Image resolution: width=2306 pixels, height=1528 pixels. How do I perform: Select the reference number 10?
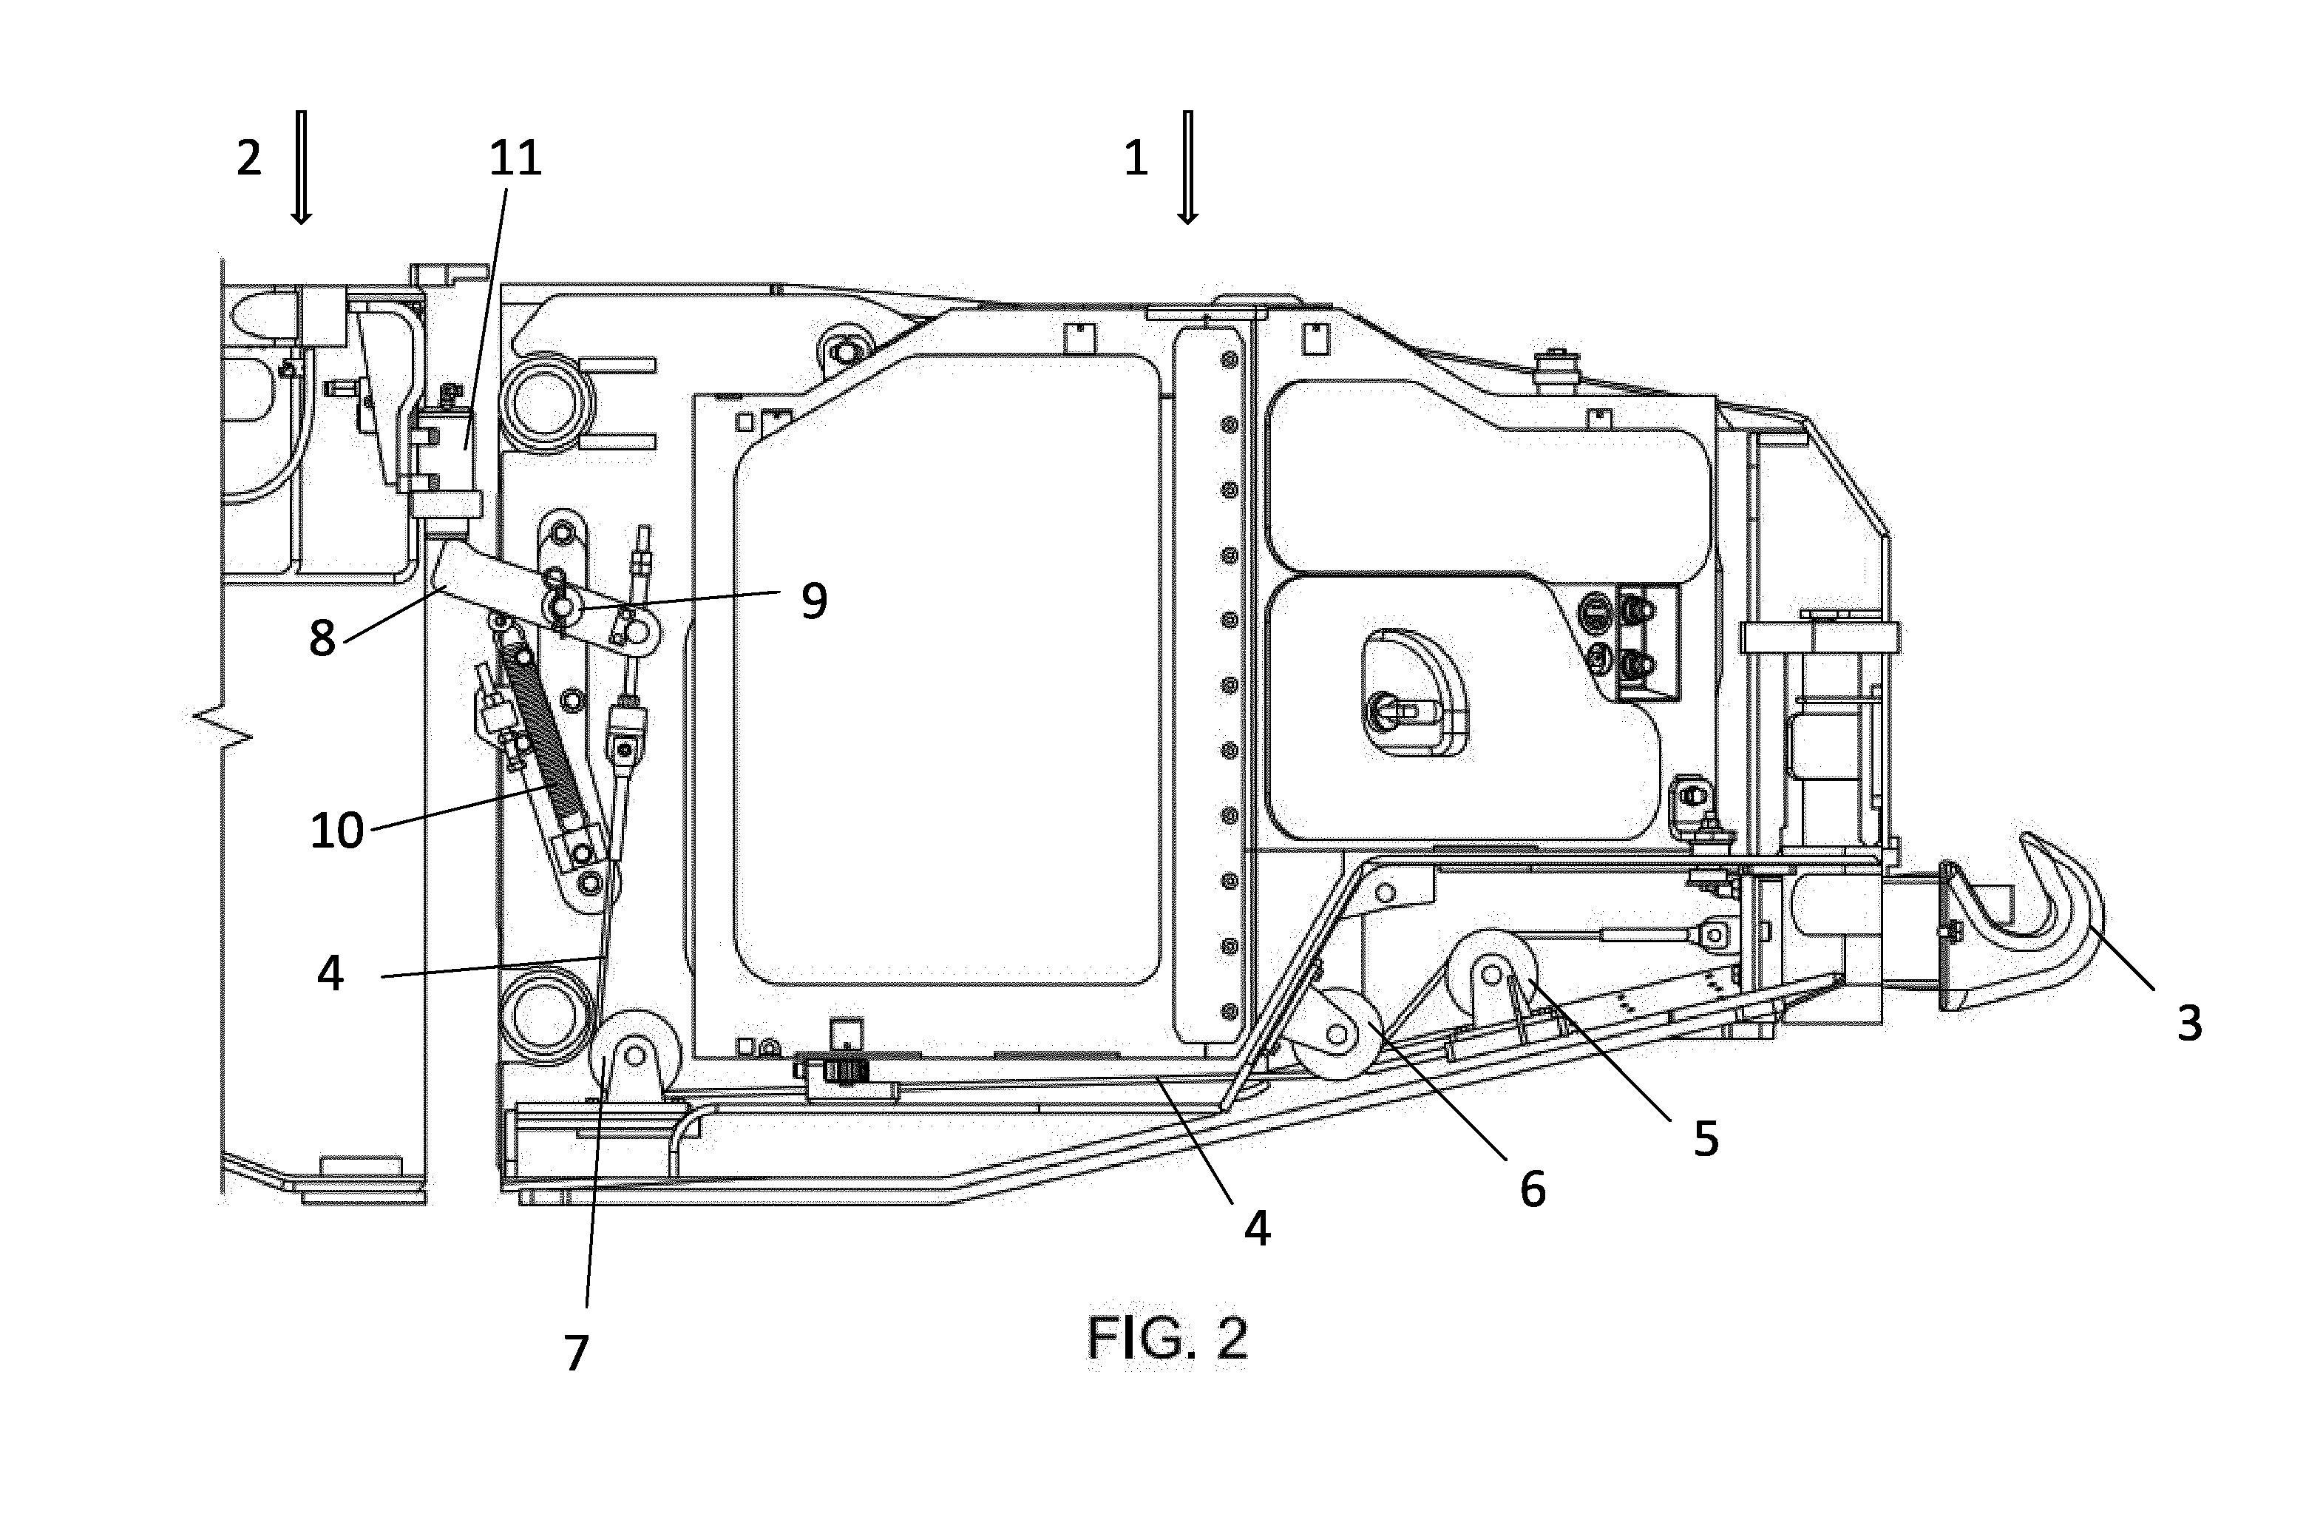[337, 831]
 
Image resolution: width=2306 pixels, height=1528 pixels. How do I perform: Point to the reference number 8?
[322, 638]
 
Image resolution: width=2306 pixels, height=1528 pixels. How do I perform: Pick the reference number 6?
[1533, 1189]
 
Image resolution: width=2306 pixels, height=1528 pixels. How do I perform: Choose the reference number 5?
[1706, 1138]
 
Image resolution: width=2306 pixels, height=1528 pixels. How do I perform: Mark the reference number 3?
[2189, 1023]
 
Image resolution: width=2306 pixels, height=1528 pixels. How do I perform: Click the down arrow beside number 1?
[1187, 168]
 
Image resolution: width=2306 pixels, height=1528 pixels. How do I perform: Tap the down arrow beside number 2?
[301, 168]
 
